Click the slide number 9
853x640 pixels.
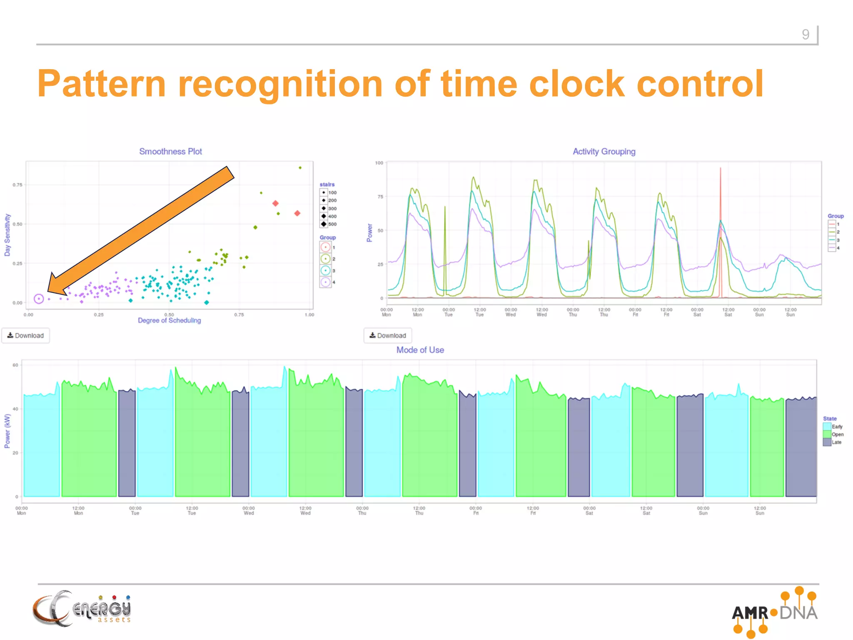(x=806, y=34)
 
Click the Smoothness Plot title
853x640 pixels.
(x=170, y=152)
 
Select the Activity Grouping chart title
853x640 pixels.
(x=604, y=152)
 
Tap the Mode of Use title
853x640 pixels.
(x=420, y=350)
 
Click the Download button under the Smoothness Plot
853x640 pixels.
(x=26, y=335)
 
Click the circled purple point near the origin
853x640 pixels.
(x=39, y=299)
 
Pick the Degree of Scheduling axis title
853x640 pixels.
(x=169, y=320)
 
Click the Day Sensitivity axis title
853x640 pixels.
(x=7, y=235)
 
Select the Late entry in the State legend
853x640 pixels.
(x=833, y=442)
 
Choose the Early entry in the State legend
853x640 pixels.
(x=833, y=427)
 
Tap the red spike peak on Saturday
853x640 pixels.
(x=721, y=169)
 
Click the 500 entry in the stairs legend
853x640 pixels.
(x=328, y=224)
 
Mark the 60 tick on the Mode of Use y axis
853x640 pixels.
(x=15, y=365)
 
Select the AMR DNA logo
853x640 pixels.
(x=775, y=612)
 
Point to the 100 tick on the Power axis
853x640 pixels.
(x=379, y=163)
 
